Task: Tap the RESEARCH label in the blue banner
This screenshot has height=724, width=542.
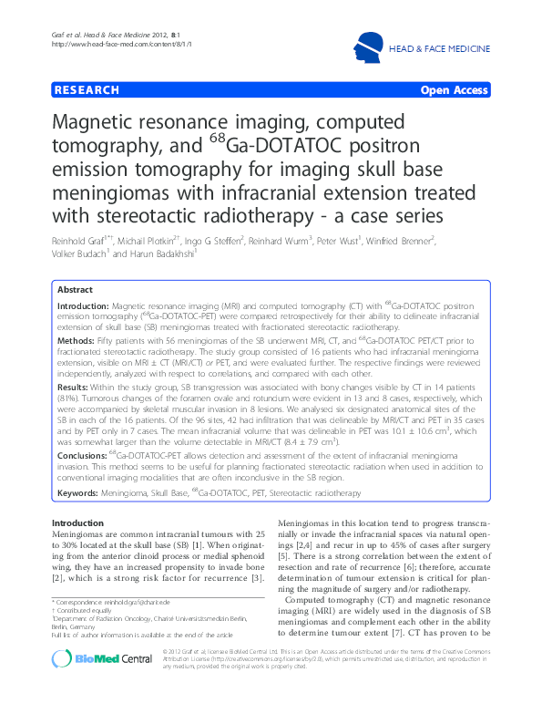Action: tap(87, 90)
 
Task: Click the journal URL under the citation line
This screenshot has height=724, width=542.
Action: tap(95, 45)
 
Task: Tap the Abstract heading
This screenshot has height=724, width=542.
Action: tap(75, 287)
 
